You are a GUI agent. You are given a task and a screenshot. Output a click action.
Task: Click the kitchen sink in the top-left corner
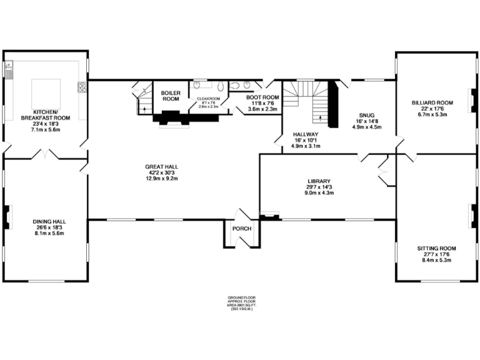click(x=10, y=70)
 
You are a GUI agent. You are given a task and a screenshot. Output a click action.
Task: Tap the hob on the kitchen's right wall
click(x=81, y=87)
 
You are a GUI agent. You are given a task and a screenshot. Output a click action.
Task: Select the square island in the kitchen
click(x=46, y=93)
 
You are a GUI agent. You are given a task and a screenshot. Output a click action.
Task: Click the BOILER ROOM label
click(x=171, y=96)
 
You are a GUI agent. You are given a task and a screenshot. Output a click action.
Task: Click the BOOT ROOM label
click(x=262, y=97)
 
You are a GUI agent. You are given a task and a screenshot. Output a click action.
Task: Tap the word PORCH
click(x=241, y=229)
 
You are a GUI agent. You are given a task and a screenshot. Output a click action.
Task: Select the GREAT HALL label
click(x=162, y=167)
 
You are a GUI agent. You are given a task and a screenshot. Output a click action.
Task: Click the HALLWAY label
click(x=306, y=134)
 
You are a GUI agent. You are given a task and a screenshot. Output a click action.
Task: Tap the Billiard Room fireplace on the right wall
click(x=473, y=100)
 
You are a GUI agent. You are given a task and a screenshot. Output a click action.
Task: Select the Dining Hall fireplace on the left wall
click(x=7, y=217)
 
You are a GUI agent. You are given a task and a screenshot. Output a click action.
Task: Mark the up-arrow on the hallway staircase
click(x=321, y=116)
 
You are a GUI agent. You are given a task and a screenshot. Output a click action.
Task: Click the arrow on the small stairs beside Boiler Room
click(x=144, y=109)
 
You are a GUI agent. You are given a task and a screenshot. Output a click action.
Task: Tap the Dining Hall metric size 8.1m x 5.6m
click(x=49, y=233)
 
